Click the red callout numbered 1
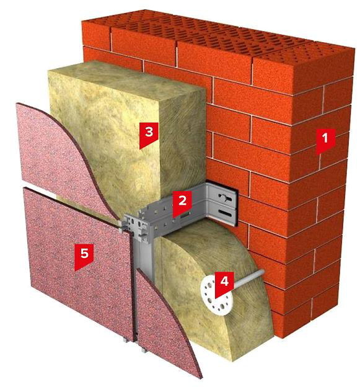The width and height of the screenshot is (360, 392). (325, 141)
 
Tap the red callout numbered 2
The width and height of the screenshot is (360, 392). (182, 203)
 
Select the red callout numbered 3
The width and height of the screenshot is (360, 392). (149, 135)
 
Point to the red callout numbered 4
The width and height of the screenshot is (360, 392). (224, 284)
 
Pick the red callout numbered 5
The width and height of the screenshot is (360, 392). (84, 257)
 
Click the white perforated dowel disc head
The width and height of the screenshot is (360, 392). (216, 295)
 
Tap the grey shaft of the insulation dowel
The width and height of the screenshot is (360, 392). (249, 278)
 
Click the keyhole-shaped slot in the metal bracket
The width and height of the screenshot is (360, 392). (225, 199)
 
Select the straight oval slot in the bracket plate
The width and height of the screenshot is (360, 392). (226, 213)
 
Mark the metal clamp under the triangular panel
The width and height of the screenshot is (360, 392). (143, 350)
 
